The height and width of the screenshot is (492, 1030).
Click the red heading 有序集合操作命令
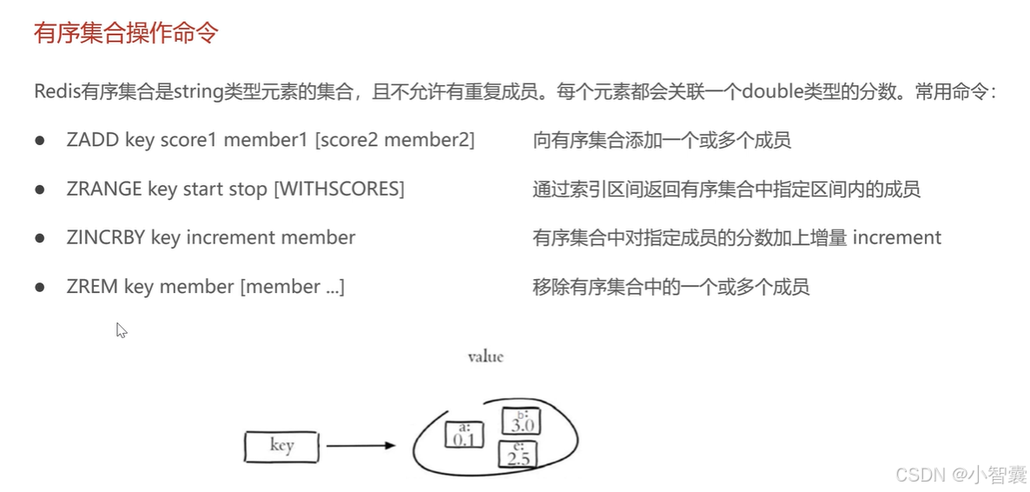pyautogui.click(x=126, y=35)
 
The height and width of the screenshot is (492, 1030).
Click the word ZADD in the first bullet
pyautogui.click(x=92, y=141)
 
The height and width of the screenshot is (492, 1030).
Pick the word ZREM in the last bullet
pyautogui.click(x=92, y=287)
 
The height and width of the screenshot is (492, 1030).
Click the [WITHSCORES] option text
pyautogui.click(x=339, y=189)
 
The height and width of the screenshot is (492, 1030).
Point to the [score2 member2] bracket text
pyautogui.click(x=395, y=141)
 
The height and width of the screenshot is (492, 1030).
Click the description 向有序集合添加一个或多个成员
pyautogui.click(x=662, y=141)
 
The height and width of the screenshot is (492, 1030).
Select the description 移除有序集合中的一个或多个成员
pyautogui.click(x=670, y=287)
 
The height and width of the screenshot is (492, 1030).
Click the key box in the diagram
pyautogui.click(x=281, y=446)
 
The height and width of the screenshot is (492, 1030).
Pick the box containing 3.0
pyautogui.click(x=521, y=422)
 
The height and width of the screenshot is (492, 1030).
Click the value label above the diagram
pyautogui.click(x=485, y=356)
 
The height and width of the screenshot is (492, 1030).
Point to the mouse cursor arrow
pyautogui.click(x=121, y=329)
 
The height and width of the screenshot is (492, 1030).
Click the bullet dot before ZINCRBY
pyautogui.click(x=40, y=238)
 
